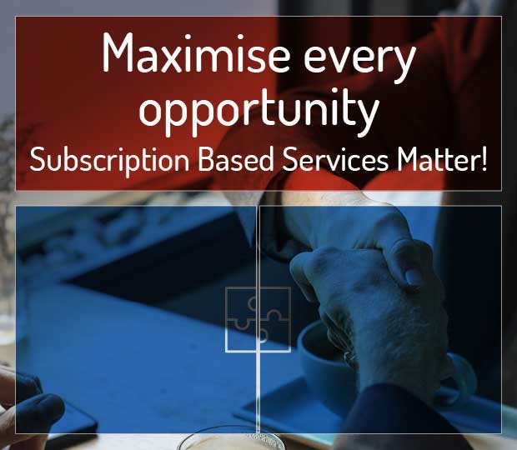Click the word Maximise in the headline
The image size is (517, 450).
pyautogui.click(x=195, y=52)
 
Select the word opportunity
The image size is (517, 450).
pyautogui.click(x=258, y=108)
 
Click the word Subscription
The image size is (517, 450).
pyautogui.click(x=109, y=159)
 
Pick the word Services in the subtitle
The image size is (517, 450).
pyautogui.click(x=335, y=159)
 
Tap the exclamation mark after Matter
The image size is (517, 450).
pyautogui.click(x=484, y=159)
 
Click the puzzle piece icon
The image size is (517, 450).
pyautogui.click(x=258, y=319)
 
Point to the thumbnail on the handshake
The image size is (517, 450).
pyautogui.click(x=413, y=275)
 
